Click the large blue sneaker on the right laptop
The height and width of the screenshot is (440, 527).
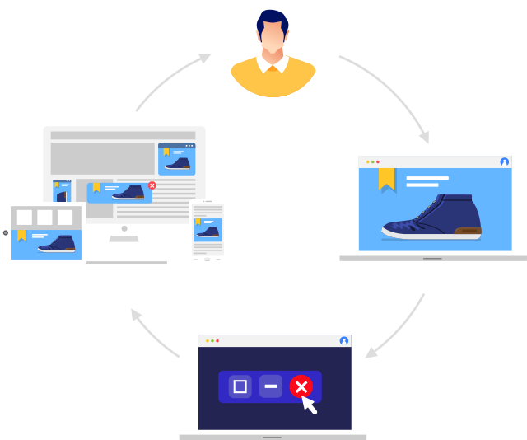point(432,217)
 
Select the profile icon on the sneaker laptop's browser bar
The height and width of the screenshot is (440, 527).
point(504,161)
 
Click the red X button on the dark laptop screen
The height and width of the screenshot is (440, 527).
point(301,386)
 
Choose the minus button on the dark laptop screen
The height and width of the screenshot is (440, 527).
point(270,386)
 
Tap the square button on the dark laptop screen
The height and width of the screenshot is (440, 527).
point(240,386)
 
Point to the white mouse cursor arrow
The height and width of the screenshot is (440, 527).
point(310,404)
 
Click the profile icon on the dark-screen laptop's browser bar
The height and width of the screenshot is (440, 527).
point(343,340)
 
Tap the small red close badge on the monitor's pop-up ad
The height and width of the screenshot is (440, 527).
point(152,185)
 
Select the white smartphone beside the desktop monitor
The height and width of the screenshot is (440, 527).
point(208,231)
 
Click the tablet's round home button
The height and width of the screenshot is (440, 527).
point(6,232)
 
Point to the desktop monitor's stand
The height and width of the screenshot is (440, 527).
point(124,247)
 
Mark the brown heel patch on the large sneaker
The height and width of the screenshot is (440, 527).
point(470,231)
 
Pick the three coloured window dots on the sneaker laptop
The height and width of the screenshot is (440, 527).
point(373,161)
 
